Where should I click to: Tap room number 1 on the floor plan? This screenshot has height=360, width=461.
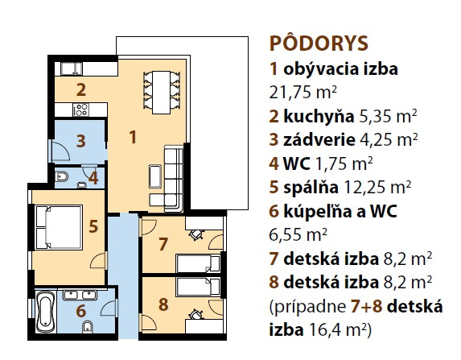tap(133, 138)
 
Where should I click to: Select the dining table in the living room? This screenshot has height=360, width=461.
tap(161, 93)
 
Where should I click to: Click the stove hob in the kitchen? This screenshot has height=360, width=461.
tap(81, 110)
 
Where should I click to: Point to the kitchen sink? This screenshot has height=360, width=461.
tap(72, 68)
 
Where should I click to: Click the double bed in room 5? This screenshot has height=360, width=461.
tap(59, 228)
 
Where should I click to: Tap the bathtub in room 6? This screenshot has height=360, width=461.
tap(46, 311)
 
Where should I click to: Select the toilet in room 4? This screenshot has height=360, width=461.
tap(62, 176)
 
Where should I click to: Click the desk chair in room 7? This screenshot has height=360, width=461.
tap(196, 234)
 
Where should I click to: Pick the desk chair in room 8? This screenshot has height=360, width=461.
tap(196, 315)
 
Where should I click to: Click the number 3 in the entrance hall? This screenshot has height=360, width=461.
tap(80, 141)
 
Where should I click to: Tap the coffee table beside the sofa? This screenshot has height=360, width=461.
tap(155, 176)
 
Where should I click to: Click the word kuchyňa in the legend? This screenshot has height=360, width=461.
tap(319, 117)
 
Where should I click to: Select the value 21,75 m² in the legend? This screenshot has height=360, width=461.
tap(303, 92)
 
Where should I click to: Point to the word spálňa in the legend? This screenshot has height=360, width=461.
tap(311, 187)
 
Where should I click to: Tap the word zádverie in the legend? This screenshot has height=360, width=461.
tap(319, 139)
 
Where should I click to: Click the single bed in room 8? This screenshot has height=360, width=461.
tap(198, 287)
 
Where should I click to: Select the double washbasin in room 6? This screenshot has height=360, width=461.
tap(80, 295)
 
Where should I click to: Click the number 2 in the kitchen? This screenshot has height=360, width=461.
tap(81, 90)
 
